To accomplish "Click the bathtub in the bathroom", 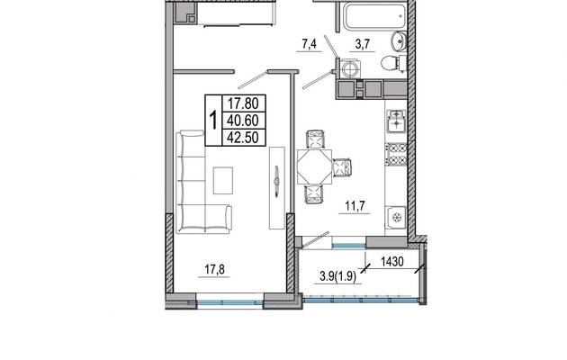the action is [375, 16].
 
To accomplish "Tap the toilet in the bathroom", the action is [393, 64].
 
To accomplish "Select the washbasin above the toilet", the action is [399, 41].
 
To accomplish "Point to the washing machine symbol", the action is [350, 68].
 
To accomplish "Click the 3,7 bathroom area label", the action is [363, 44].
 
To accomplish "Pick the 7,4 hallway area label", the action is [309, 44].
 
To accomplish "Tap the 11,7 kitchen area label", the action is [355, 206].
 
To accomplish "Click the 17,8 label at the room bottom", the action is [214, 269].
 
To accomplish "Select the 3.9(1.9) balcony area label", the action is [338, 276].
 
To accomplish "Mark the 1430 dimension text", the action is [392, 261].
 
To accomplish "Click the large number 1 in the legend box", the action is [213, 121].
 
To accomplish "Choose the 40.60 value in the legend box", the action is [242, 121].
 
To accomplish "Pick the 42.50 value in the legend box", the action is [242, 138].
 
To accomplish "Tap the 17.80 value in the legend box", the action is [243, 103].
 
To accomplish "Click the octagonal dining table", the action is [314, 166].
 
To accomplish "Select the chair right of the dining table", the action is [342, 167].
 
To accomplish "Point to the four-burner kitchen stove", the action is [396, 154].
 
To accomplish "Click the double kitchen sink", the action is [396, 121].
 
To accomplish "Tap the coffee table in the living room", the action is [223, 180].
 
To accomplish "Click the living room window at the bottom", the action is [230, 303].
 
